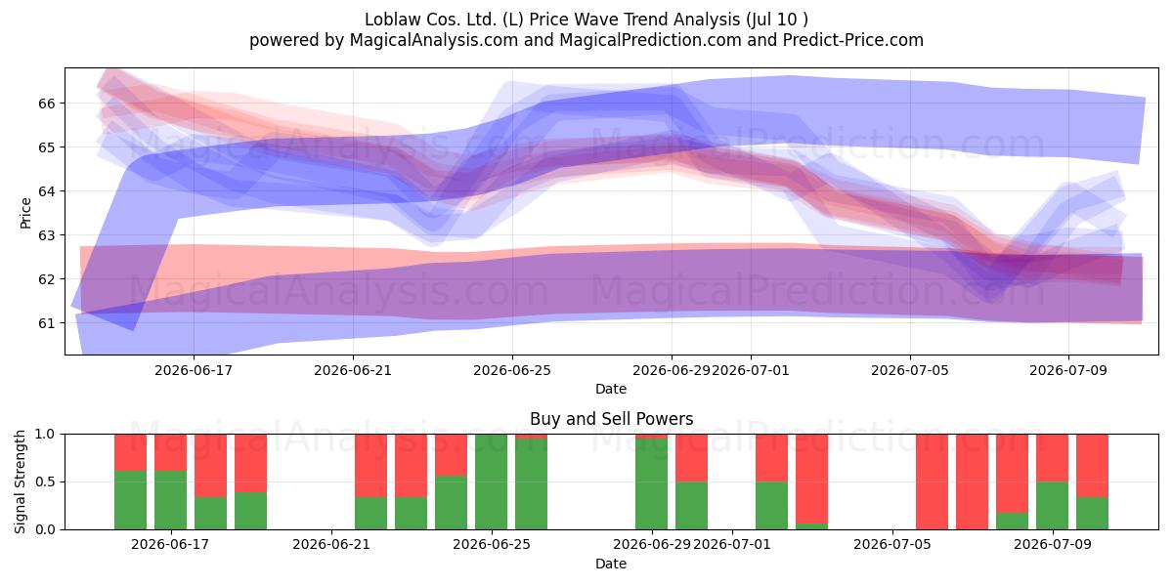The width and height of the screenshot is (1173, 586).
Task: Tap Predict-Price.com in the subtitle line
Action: tap(853, 40)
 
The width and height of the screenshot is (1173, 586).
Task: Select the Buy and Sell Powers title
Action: tap(611, 419)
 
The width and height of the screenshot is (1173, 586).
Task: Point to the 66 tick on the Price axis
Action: tap(47, 104)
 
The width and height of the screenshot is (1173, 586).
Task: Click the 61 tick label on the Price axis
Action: tap(47, 323)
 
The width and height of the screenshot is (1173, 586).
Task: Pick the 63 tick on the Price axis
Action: tap(47, 235)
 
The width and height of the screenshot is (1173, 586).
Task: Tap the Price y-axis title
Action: tap(25, 214)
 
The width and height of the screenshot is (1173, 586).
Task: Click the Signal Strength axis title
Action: tap(20, 481)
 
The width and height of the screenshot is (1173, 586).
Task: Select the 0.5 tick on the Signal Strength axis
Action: tap(45, 481)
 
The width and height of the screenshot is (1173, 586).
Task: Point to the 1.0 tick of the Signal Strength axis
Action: tap(45, 435)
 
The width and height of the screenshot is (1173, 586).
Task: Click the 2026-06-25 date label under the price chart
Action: tap(512, 370)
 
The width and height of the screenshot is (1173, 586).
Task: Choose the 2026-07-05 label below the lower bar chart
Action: tap(892, 545)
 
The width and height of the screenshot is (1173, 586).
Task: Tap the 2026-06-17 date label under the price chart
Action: tap(194, 370)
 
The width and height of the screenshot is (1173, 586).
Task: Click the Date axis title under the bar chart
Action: tap(611, 564)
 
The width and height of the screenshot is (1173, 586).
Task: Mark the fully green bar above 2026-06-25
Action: tap(491, 481)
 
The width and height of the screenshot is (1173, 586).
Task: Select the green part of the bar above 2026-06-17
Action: tap(171, 500)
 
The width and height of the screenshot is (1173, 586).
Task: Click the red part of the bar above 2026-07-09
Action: tap(1052, 458)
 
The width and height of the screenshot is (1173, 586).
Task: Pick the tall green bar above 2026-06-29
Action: tap(651, 484)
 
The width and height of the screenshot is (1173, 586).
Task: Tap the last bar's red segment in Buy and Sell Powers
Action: tap(1093, 466)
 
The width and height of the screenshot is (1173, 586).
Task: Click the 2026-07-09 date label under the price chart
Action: tap(1068, 370)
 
